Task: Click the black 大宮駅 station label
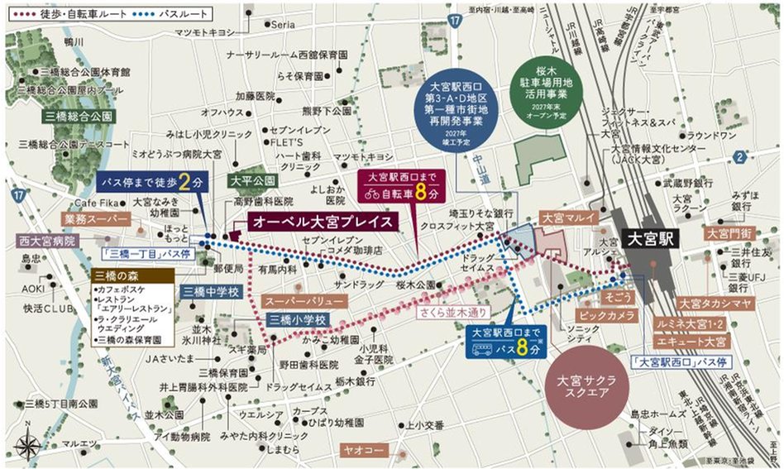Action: pyautogui.click(x=649, y=239)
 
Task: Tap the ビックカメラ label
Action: pyautogui.click(x=606, y=316)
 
